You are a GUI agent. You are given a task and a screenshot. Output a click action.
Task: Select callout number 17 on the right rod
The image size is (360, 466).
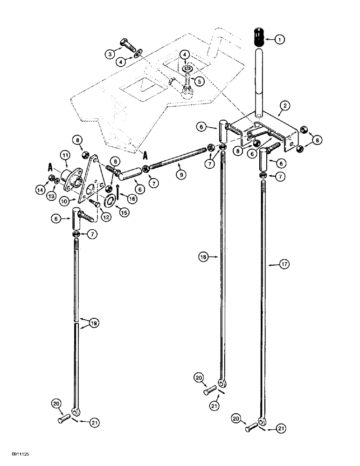pyautogui.click(x=284, y=264)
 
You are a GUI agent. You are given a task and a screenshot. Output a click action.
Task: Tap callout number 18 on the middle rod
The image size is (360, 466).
pyautogui.click(x=202, y=257)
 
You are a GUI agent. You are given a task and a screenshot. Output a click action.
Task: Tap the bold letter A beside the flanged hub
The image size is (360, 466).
pyautogui.click(x=49, y=166)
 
